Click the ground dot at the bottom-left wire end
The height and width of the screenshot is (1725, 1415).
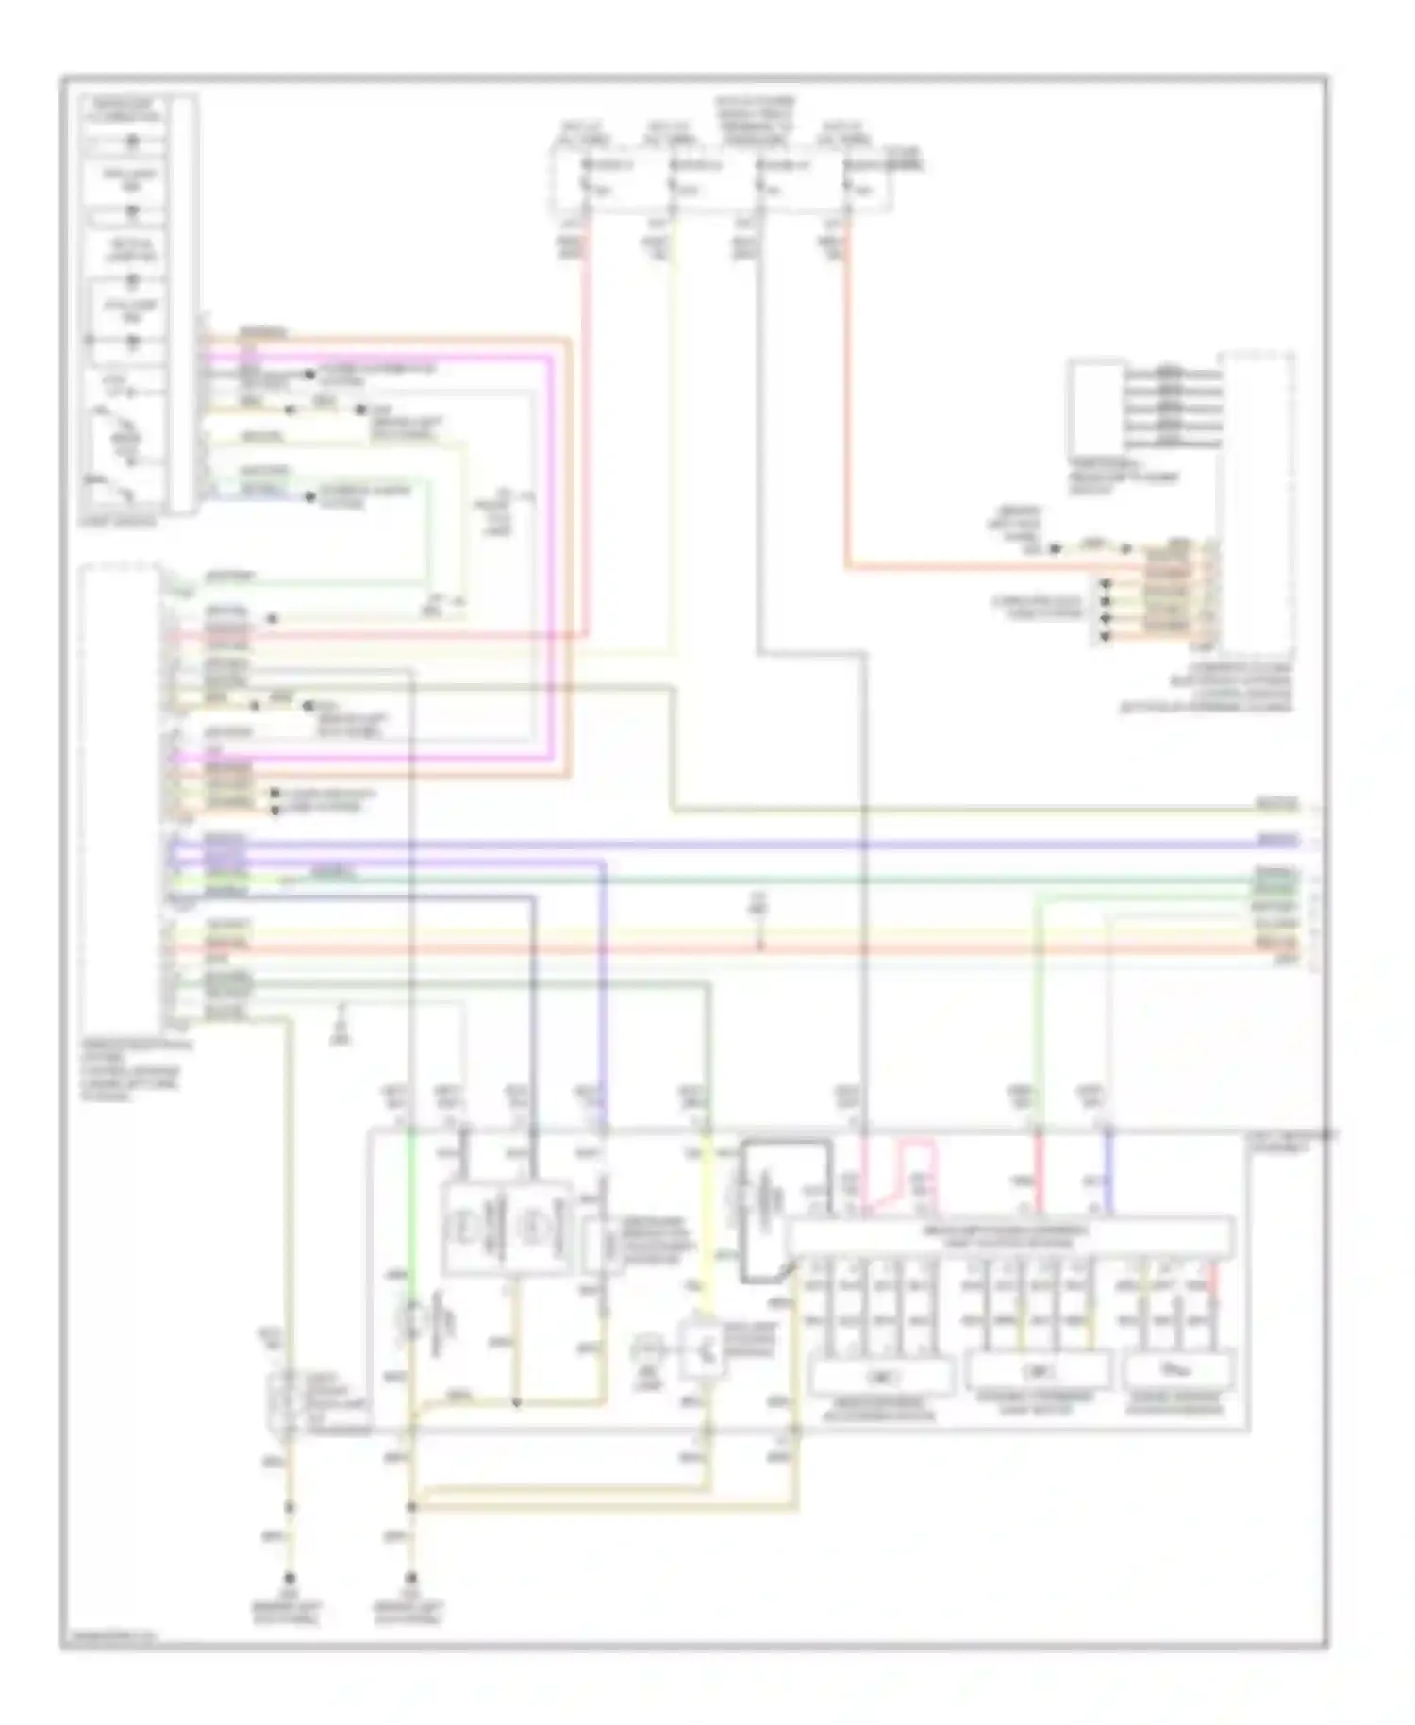pyautogui.click(x=290, y=1578)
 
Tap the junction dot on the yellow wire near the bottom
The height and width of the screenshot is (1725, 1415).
pyautogui.click(x=516, y=1402)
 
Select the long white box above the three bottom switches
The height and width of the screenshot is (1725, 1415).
pyautogui.click(x=1008, y=1236)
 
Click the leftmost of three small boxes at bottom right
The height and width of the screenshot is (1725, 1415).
pyautogui.click(x=881, y=1377)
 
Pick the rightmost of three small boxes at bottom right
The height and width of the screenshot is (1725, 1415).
pyautogui.click(x=1179, y=1369)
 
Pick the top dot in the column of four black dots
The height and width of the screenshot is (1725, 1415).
pyautogui.click(x=1105, y=584)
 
